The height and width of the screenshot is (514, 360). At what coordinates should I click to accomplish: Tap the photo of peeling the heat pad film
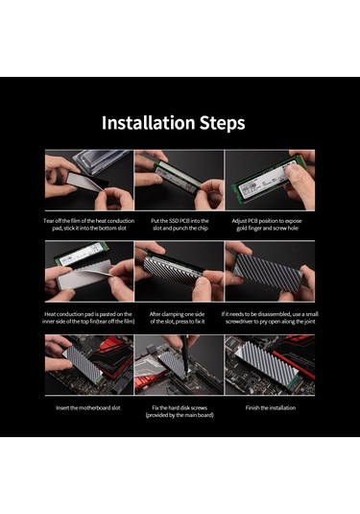click(x=87, y=180)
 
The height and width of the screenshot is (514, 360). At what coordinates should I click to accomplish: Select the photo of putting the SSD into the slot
click(x=179, y=180)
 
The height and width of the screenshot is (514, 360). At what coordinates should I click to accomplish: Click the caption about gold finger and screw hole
click(x=271, y=225)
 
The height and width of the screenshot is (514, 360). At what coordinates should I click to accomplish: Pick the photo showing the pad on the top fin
click(x=87, y=273)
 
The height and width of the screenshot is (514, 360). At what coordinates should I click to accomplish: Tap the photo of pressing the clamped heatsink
click(x=179, y=273)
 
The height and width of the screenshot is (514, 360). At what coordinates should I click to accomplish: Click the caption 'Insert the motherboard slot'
click(x=87, y=408)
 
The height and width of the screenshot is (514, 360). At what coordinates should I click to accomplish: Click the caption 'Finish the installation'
click(x=271, y=408)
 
